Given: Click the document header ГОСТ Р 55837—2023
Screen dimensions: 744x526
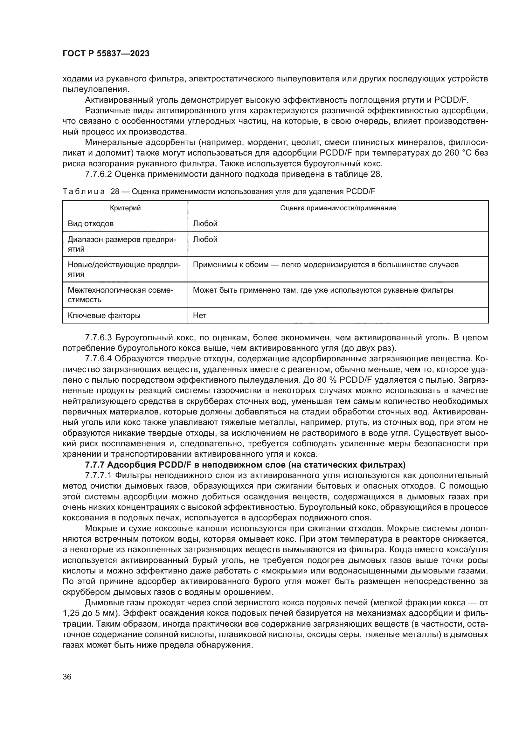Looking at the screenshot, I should click(106, 54).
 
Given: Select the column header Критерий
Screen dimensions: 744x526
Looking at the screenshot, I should click(125, 208).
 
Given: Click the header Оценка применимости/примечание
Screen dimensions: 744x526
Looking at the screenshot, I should click(338, 208).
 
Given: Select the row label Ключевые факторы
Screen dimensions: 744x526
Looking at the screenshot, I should click(104, 315).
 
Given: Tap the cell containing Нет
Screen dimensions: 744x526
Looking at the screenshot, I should click(199, 315).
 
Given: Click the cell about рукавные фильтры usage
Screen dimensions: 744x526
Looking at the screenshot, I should click(323, 290).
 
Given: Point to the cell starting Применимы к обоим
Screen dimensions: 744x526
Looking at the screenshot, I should click(326, 265).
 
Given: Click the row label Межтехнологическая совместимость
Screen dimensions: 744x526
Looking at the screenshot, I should click(120, 295).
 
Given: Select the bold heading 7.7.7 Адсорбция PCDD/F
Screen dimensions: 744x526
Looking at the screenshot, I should click(245, 465).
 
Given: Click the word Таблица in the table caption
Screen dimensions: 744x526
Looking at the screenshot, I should click(84, 191).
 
